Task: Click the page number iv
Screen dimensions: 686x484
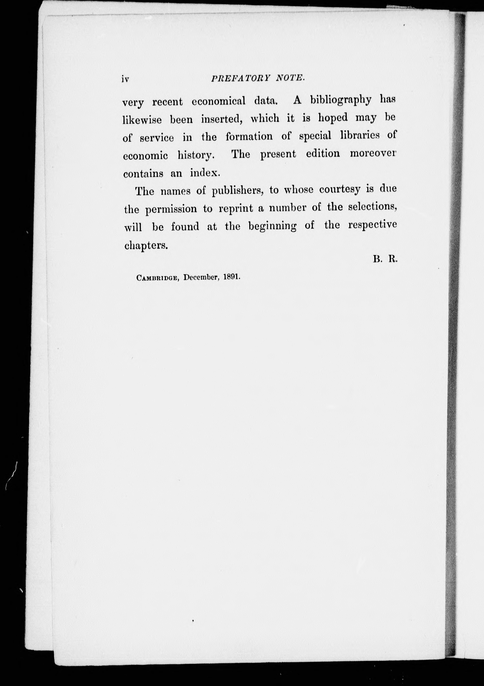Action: point(125,79)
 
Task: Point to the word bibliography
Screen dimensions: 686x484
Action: point(341,100)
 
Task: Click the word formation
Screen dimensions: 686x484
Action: point(249,137)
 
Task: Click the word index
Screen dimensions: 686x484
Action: point(205,173)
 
